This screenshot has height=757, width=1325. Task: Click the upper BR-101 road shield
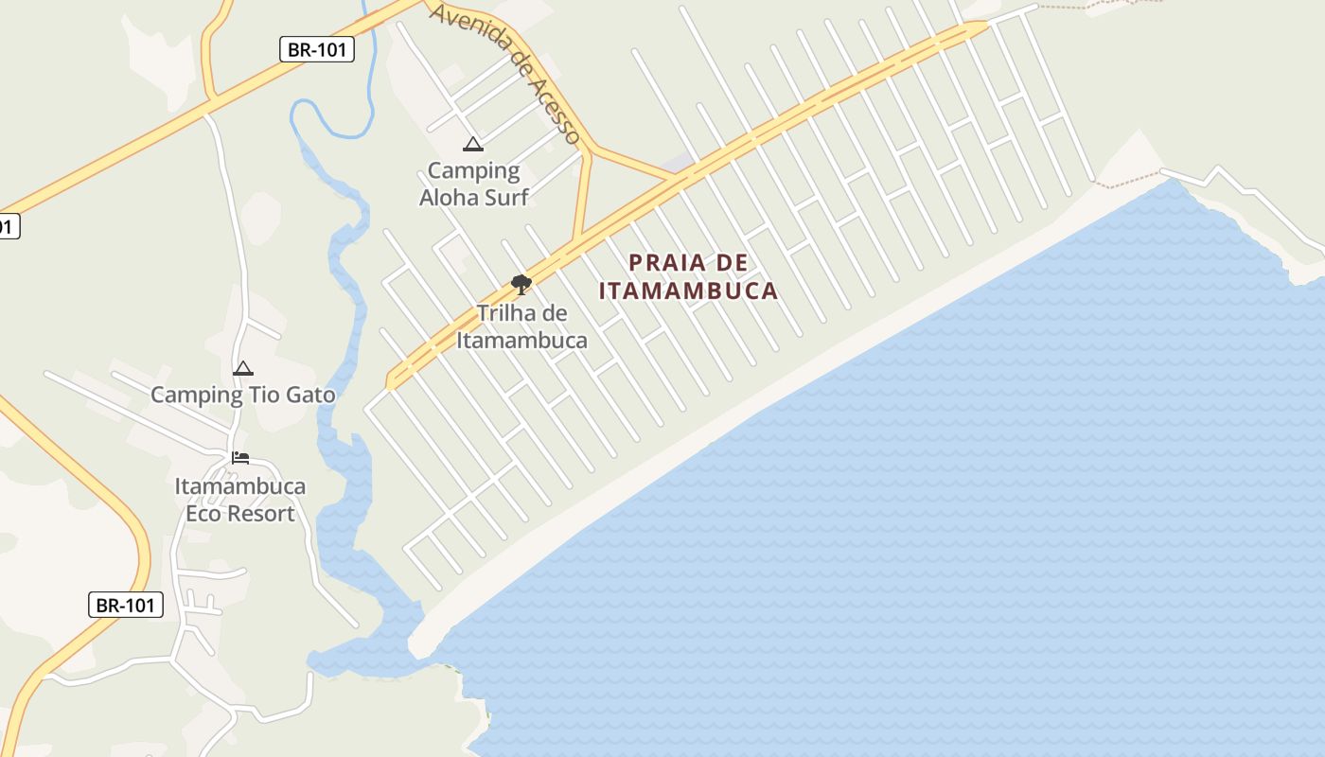click(x=317, y=49)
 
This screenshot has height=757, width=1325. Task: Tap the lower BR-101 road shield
click(x=126, y=605)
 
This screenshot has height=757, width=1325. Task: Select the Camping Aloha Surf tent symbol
click(x=473, y=145)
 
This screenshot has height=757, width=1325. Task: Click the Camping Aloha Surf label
click(x=473, y=184)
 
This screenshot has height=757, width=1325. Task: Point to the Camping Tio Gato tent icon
click(x=243, y=369)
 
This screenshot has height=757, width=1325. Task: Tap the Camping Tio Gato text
click(x=243, y=395)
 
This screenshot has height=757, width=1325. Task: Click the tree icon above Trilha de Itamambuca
click(x=521, y=284)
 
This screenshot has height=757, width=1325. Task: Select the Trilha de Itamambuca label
click(x=521, y=326)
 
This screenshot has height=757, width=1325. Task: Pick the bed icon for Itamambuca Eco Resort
click(x=240, y=459)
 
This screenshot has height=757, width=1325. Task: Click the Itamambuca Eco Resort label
click(x=240, y=500)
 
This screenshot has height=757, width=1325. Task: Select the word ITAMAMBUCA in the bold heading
click(x=689, y=290)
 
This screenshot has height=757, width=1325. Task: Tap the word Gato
click(x=310, y=395)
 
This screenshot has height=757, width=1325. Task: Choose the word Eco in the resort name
click(x=202, y=514)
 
